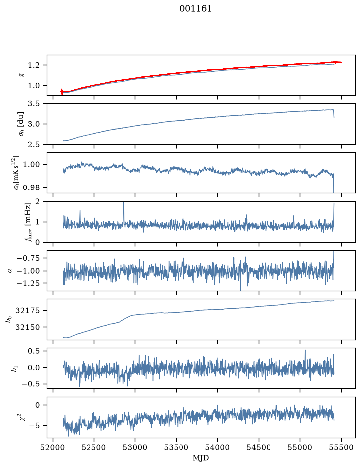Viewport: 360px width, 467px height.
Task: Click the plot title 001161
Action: click(x=195, y=9)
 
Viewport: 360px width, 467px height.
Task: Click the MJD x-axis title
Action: click(x=201, y=458)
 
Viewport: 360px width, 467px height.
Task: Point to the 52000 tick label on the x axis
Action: click(x=53, y=447)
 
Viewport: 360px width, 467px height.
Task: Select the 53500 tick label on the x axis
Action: click(x=177, y=447)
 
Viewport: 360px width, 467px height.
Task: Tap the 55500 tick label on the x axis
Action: click(x=341, y=447)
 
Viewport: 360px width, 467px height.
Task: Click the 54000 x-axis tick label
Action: click(x=217, y=447)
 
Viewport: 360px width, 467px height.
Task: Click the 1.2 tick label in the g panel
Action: click(x=33, y=65)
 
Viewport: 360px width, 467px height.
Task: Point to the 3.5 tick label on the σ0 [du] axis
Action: click(x=33, y=104)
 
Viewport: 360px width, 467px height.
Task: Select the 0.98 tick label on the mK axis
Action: click(x=31, y=188)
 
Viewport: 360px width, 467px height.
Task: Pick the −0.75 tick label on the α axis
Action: click(x=28, y=258)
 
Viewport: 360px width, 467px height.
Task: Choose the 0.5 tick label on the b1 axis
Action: click(x=33, y=351)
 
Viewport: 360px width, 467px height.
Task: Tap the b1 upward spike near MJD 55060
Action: click(x=305, y=355)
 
